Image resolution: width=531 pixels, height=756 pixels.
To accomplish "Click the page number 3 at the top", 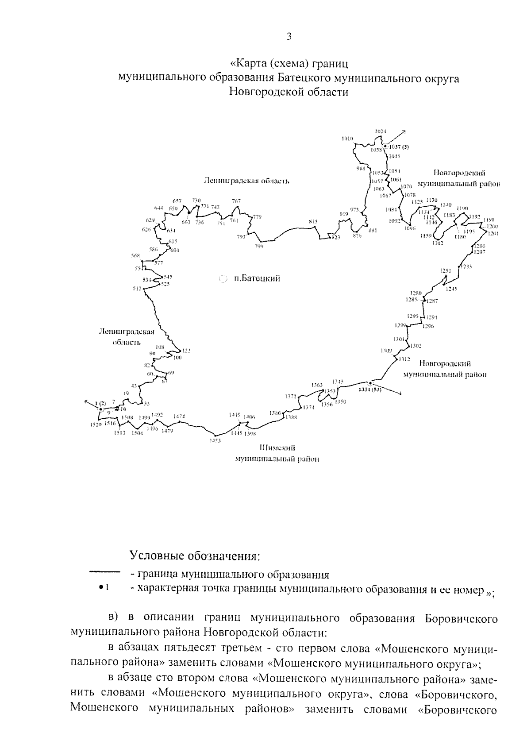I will [x=289, y=37].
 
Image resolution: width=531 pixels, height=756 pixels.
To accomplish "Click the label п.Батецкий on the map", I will [x=257, y=278].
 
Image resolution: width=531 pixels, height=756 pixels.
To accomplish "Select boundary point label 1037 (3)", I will [x=399, y=147].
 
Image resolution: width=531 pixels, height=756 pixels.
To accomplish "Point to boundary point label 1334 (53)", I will [x=370, y=390].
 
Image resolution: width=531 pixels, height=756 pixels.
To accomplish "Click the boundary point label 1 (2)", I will [x=100, y=403].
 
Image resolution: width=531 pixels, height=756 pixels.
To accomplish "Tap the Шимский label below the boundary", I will [x=277, y=448].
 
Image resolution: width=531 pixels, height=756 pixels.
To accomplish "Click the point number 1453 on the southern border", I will [x=215, y=441].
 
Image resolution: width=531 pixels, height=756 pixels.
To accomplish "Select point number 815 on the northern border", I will [x=313, y=222].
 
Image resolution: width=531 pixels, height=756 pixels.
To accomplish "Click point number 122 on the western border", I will [x=186, y=351].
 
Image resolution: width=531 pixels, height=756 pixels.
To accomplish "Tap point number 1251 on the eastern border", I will [x=445, y=270].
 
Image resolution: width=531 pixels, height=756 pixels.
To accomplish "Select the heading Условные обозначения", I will [x=195, y=555].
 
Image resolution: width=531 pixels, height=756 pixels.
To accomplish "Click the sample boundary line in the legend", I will [x=105, y=572].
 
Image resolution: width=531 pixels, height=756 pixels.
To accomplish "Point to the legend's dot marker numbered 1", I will [x=101, y=587].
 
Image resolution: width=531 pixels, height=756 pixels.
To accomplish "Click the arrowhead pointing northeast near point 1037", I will [x=404, y=132].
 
